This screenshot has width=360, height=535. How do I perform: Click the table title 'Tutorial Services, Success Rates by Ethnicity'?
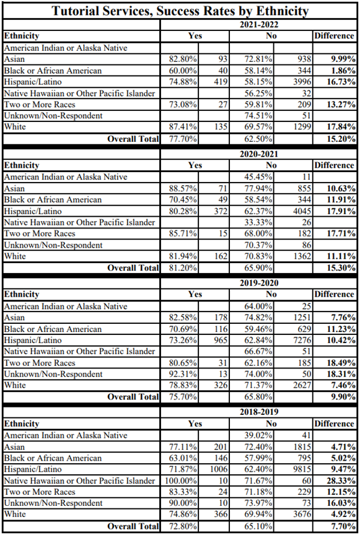point(180,11)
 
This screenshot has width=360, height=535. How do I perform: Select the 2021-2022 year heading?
point(259,25)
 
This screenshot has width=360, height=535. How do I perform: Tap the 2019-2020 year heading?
point(259,283)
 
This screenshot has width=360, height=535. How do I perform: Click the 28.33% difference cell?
point(341,481)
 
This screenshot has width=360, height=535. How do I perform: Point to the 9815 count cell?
point(302,469)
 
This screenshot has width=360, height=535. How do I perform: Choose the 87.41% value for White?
point(183,127)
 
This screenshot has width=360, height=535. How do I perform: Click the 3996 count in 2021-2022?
point(302,82)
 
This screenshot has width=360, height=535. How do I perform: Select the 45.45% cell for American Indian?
point(258,177)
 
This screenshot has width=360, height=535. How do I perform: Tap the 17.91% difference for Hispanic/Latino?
point(341,211)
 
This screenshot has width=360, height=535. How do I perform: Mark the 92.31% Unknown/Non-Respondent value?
point(183,374)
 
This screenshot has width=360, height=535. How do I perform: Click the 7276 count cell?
point(302,341)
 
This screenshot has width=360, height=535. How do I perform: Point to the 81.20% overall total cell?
point(183,268)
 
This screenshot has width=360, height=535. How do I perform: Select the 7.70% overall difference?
point(343,526)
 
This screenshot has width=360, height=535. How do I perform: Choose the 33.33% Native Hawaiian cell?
point(258,222)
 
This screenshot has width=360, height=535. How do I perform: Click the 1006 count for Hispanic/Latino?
point(219,469)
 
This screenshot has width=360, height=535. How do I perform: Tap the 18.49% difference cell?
point(341,363)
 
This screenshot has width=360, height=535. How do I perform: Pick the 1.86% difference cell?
point(343,71)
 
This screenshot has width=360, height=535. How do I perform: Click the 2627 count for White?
point(302,386)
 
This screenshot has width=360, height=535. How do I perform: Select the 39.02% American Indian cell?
point(258,435)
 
